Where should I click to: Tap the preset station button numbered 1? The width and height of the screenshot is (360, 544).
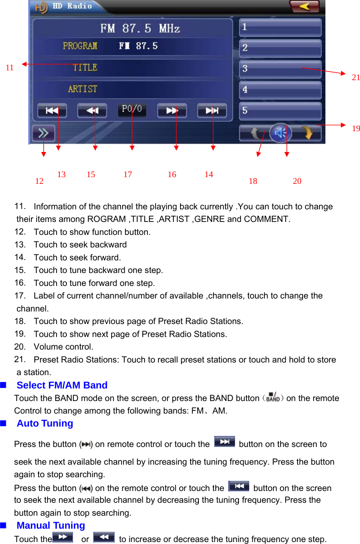click(x=280, y=27)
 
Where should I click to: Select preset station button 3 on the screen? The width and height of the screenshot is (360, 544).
click(x=280, y=69)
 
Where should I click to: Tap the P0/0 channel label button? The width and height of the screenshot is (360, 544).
click(x=132, y=110)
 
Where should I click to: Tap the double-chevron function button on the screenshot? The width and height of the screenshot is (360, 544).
click(x=43, y=134)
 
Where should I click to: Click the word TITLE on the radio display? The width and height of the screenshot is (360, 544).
click(x=85, y=68)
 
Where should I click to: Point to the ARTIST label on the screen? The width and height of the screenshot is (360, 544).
click(x=83, y=89)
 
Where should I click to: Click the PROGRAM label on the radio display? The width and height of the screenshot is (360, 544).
click(x=80, y=46)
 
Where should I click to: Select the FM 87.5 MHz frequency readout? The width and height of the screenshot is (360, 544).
click(x=140, y=29)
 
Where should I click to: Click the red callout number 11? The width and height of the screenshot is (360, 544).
click(x=9, y=68)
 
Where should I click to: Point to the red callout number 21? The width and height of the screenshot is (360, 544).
click(x=356, y=77)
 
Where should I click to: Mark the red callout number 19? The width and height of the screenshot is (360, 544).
click(x=356, y=128)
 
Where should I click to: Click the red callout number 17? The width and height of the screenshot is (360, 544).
click(x=128, y=174)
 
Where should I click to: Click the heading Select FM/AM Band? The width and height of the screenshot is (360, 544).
click(x=62, y=385)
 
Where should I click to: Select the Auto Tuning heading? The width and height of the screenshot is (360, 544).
click(x=45, y=423)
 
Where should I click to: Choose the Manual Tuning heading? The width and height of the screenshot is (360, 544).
click(x=51, y=526)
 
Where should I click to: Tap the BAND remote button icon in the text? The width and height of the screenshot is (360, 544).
click(x=273, y=397)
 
